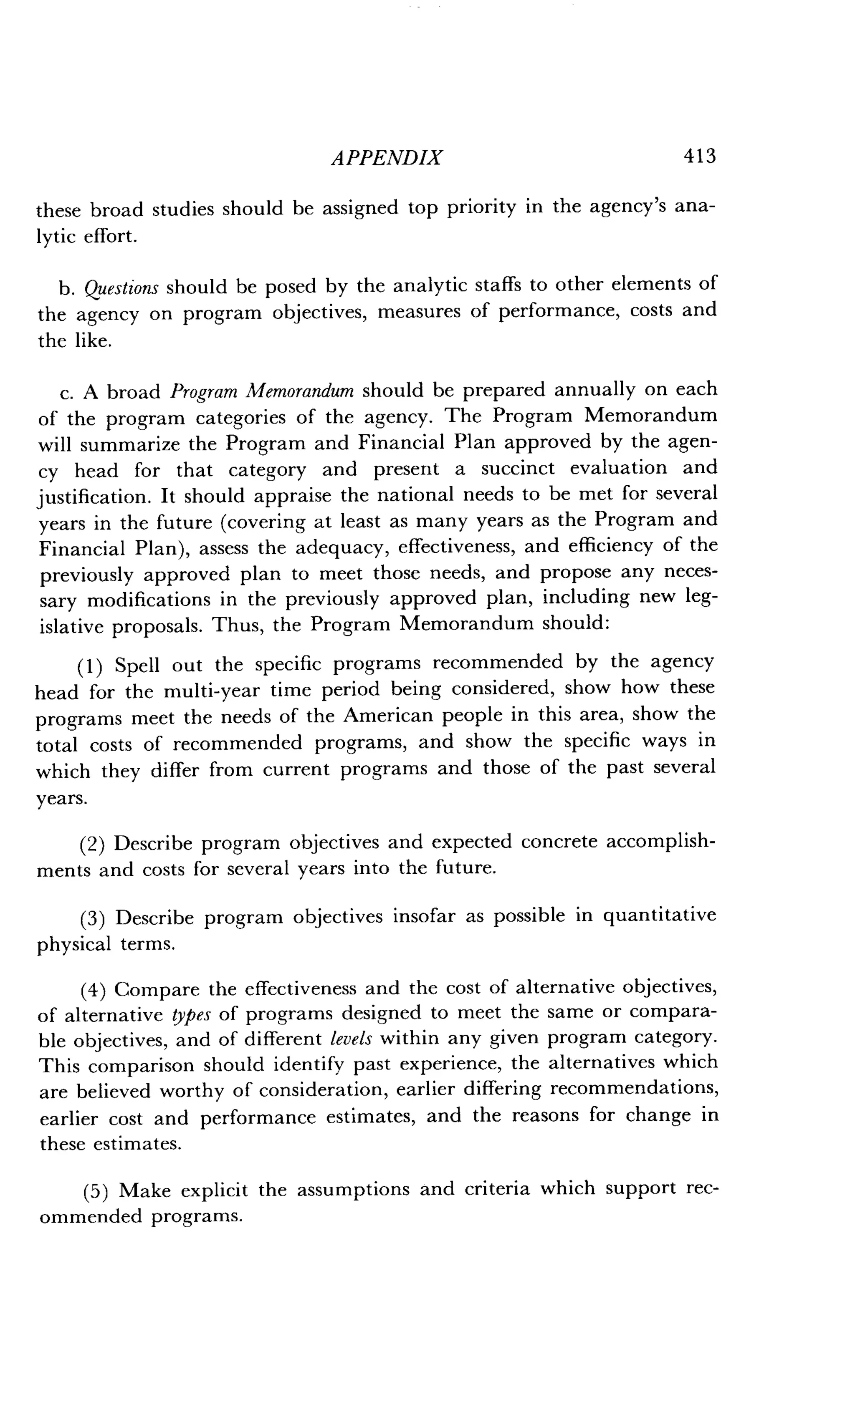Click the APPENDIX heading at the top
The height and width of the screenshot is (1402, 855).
click(x=387, y=158)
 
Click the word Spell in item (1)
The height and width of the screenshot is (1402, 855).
click(x=137, y=665)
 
